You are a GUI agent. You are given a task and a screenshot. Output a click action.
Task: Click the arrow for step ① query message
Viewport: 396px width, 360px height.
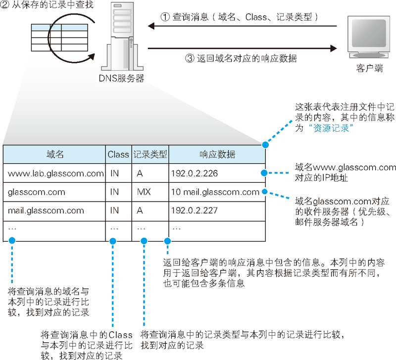coord(243,27)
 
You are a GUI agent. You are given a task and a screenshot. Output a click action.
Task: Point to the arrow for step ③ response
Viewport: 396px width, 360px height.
coord(243,48)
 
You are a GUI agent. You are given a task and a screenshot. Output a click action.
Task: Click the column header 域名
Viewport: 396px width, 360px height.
coord(54,154)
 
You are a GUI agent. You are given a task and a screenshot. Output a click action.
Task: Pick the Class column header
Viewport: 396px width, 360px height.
coord(118,154)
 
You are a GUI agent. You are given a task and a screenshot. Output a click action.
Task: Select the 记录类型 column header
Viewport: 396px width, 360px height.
coord(150,154)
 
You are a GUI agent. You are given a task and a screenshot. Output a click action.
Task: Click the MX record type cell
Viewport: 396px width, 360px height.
coord(144,192)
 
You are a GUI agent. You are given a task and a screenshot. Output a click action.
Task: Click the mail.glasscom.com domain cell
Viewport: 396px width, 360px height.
coord(46,210)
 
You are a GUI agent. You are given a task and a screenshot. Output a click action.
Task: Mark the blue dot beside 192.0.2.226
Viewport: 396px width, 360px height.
coord(265,173)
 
